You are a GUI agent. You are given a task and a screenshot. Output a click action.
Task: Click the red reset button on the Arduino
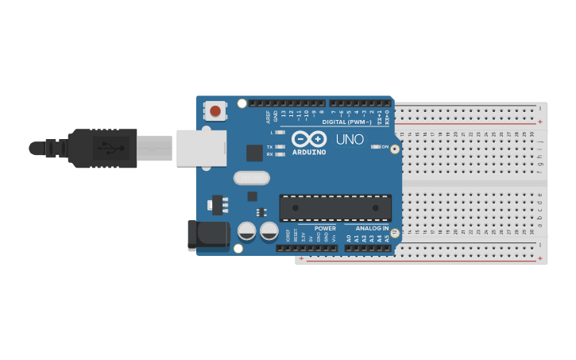(x=215, y=110)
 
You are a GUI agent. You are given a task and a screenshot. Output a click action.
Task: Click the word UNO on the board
(x=350, y=140)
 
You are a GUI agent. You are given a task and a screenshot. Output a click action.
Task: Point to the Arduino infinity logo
(x=309, y=138)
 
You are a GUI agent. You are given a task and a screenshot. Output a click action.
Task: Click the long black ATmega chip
(x=335, y=208)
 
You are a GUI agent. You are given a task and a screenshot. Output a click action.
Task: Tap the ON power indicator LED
(x=375, y=146)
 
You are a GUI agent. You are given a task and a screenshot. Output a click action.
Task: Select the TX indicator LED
(x=280, y=147)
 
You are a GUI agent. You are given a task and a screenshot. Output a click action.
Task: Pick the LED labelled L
(x=280, y=132)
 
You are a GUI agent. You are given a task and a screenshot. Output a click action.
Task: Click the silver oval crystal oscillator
(x=252, y=178)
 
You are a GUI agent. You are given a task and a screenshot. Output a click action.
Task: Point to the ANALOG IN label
(x=372, y=228)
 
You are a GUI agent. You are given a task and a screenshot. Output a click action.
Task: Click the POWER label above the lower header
(x=325, y=228)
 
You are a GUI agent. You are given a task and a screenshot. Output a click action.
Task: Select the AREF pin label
(x=269, y=116)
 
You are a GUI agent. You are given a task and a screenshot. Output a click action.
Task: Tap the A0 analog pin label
(x=348, y=238)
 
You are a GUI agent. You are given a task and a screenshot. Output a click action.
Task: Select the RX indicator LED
(x=280, y=154)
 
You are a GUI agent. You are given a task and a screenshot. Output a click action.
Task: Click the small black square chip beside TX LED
(x=254, y=153)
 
